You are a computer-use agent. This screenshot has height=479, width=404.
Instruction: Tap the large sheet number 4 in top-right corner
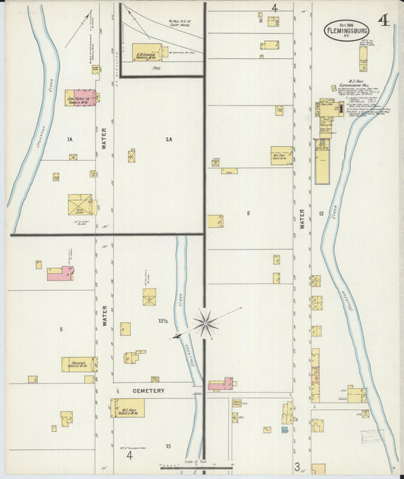pyautogui.click(x=385, y=20)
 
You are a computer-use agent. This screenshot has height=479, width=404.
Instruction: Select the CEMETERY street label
pyautogui.click(x=149, y=390)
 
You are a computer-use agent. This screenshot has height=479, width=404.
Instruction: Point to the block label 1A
pyautogui.click(x=69, y=139)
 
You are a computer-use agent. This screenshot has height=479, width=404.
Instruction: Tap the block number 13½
pyautogui.click(x=163, y=321)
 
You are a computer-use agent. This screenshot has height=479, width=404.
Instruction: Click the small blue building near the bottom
pyautogui.click(x=285, y=430)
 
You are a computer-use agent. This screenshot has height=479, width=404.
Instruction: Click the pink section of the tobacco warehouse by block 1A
pyautogui.click(x=94, y=98)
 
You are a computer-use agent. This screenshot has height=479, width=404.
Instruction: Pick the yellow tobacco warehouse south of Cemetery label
pyautogui.click(x=127, y=409)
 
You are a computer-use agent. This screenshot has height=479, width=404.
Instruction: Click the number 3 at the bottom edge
pyautogui.click(x=298, y=466)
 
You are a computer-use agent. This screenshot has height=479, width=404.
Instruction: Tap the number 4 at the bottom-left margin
pyautogui.click(x=130, y=456)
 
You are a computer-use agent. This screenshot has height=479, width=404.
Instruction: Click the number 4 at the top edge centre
pyautogui.click(x=275, y=8)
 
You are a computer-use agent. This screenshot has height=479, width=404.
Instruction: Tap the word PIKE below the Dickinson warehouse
pyautogui.click(x=158, y=67)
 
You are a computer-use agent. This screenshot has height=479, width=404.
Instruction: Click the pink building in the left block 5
pyautogui.click(x=59, y=274)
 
